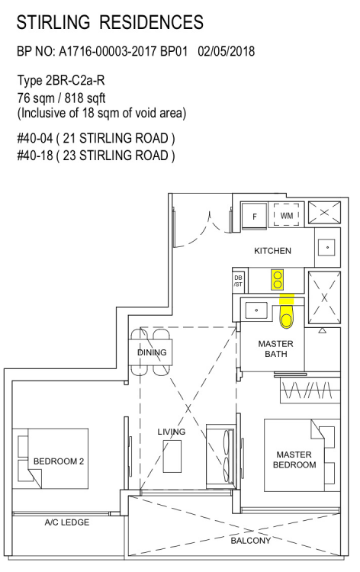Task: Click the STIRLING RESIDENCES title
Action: coord(110,22)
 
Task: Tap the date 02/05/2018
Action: coord(226,51)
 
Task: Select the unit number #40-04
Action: coord(35,138)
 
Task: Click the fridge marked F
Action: coord(255,216)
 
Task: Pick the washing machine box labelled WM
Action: coord(287,216)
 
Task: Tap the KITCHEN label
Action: coord(272,251)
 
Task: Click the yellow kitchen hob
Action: coord(278,280)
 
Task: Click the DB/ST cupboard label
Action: coord(238,281)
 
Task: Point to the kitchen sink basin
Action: coord(327,247)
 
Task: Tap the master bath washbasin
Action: coord(256,310)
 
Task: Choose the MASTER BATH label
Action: coord(276,349)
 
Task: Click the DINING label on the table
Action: coord(152,352)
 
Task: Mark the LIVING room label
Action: coord(172,432)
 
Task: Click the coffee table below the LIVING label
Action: coord(172,457)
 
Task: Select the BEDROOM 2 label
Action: coord(59,461)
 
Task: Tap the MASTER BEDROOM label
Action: coord(294,460)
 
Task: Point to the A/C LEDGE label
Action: coord(67,522)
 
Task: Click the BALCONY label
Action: coord(251,541)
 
